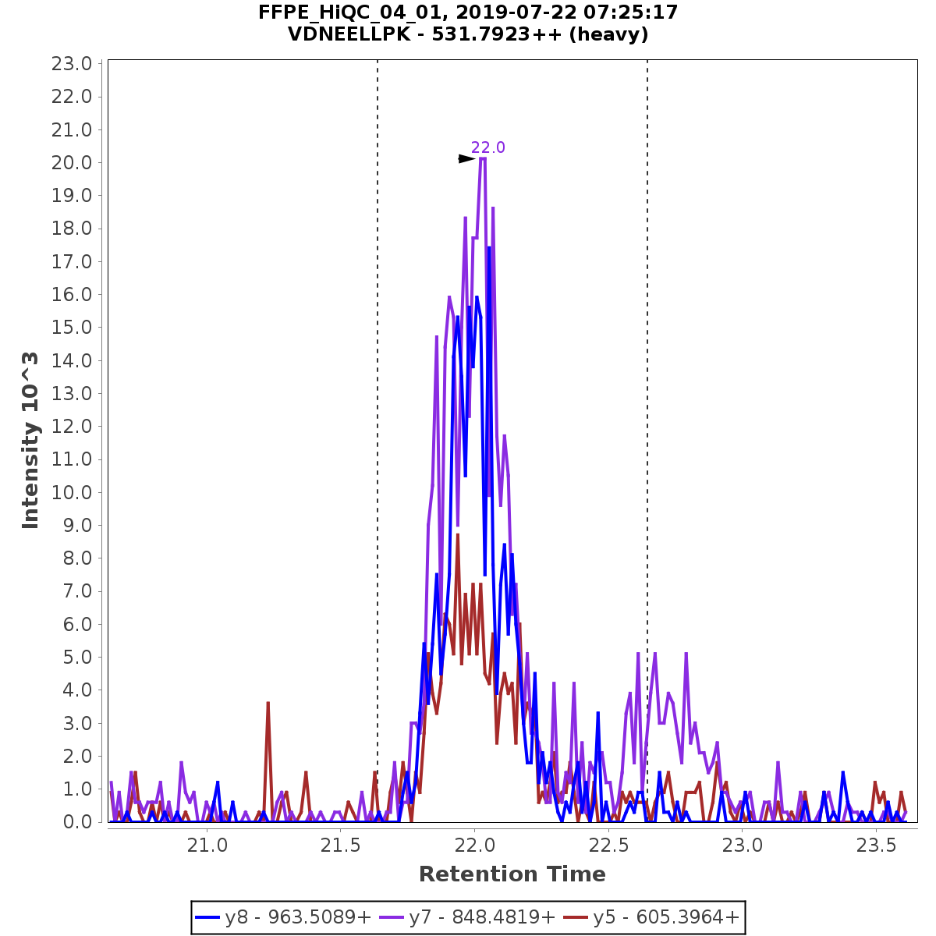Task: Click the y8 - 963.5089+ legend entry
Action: (x=283, y=917)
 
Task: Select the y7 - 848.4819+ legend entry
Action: (x=467, y=917)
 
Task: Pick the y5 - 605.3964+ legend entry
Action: (x=651, y=917)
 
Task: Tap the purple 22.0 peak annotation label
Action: (x=487, y=147)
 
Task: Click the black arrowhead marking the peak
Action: (x=466, y=159)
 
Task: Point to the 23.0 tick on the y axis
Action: (x=72, y=64)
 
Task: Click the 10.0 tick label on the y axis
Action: (x=72, y=492)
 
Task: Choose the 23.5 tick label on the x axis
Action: (x=876, y=846)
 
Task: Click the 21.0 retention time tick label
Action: (x=207, y=846)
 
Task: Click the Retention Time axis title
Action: (x=512, y=874)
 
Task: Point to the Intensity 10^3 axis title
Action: (x=30, y=441)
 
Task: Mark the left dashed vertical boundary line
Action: (x=378, y=390)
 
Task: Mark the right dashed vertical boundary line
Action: (x=647, y=390)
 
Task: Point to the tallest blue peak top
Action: (x=489, y=248)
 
